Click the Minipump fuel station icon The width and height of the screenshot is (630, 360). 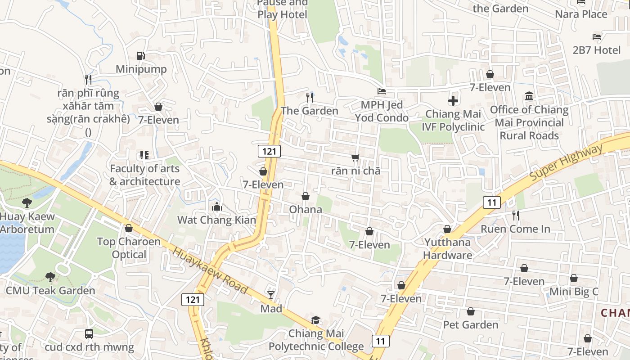click(x=141, y=56)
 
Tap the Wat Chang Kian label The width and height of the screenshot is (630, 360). click(x=216, y=220)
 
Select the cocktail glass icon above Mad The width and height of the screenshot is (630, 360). click(x=271, y=295)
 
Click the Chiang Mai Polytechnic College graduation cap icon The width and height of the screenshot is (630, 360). click(x=316, y=320)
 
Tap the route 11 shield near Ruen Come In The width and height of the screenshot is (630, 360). click(x=491, y=202)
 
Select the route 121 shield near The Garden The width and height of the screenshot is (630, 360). click(x=269, y=151)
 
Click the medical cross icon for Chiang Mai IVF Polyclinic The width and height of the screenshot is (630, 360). click(x=453, y=101)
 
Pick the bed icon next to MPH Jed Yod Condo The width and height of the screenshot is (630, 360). click(x=382, y=91)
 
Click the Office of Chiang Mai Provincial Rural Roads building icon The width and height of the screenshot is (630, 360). click(x=529, y=96)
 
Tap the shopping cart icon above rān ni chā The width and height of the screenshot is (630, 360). click(x=355, y=157)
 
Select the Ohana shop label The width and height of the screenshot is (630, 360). click(x=306, y=210)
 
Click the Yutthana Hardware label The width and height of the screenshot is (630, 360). click(x=447, y=249)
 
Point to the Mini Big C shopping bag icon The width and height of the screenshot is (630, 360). click(x=574, y=279)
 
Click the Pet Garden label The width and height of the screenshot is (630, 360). click(x=471, y=324)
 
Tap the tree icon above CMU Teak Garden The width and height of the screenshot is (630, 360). click(x=50, y=277)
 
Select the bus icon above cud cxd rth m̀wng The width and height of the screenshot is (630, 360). click(x=89, y=334)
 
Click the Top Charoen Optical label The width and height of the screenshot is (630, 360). click(x=129, y=248)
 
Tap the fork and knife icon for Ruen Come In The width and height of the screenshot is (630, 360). click(x=516, y=216)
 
